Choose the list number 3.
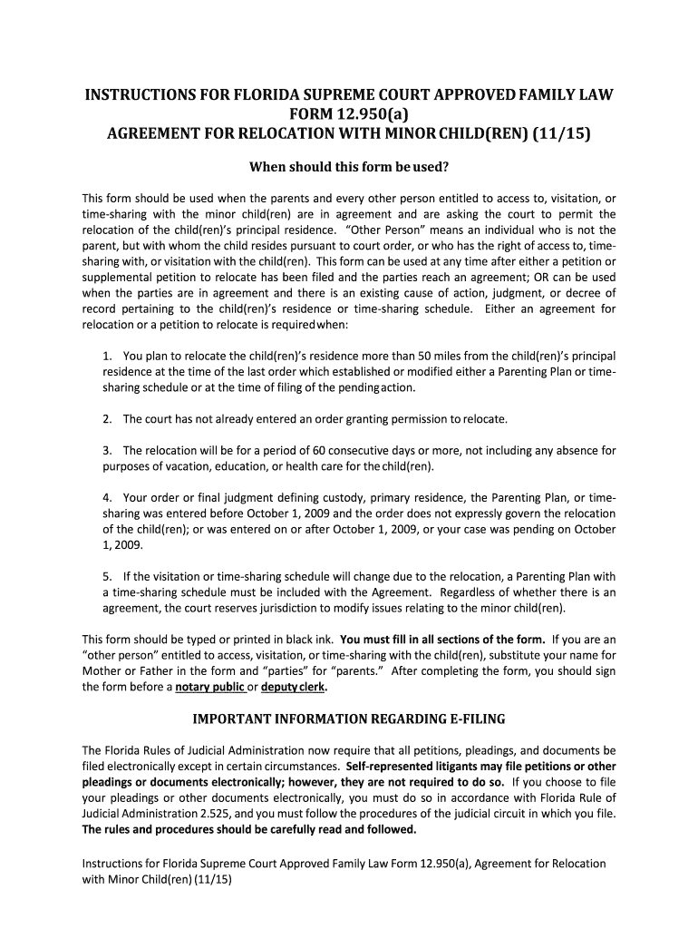(107, 450)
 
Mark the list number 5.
(107, 575)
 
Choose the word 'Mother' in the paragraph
(102, 670)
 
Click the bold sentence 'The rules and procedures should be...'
(249, 829)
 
